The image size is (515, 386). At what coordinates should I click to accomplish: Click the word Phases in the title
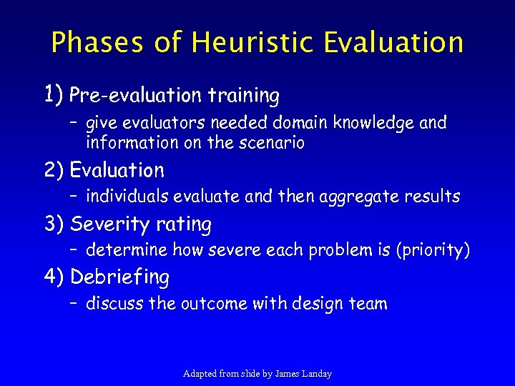click(98, 42)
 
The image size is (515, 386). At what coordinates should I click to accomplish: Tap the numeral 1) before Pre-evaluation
click(54, 93)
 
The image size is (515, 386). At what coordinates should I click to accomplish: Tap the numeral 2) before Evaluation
click(54, 170)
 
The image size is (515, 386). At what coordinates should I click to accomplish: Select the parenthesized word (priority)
click(431, 251)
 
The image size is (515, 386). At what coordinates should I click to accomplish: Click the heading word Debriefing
click(120, 277)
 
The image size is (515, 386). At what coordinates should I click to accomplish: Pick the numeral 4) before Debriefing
click(54, 277)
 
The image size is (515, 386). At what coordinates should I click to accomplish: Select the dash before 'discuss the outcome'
click(74, 304)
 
